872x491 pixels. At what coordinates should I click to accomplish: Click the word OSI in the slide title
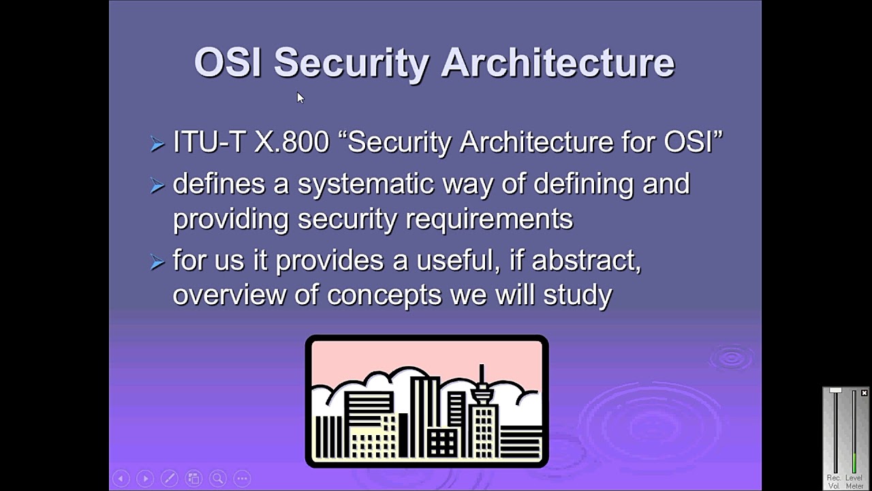[227, 62]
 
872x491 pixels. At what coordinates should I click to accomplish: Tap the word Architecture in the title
[557, 62]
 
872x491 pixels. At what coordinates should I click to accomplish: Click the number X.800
[292, 142]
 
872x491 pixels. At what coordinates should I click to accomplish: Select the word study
[578, 295]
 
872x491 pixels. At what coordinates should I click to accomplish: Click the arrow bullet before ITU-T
[157, 144]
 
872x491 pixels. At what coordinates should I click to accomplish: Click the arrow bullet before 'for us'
[157, 263]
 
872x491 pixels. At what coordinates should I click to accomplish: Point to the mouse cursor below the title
[300, 98]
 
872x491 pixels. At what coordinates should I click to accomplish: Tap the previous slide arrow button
[121, 479]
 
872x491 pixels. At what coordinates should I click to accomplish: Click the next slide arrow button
[145, 479]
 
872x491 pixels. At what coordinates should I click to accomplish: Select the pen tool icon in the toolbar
[170, 479]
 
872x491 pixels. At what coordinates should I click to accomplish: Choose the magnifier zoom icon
[218, 479]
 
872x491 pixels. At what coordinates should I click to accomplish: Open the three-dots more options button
[242, 479]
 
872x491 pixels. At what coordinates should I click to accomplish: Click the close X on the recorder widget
[865, 393]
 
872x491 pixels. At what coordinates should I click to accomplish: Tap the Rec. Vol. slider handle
[835, 391]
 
